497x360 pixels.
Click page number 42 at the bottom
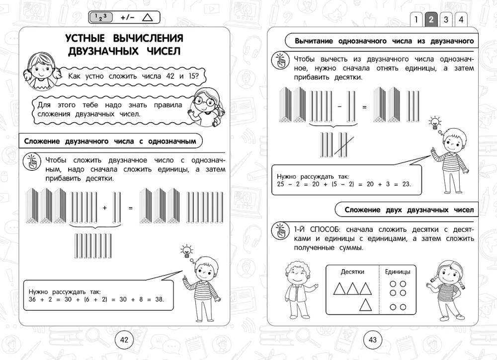pyautogui.click(x=124, y=340)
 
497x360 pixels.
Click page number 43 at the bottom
pyautogui.click(x=373, y=340)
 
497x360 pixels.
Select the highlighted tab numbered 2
pyautogui.click(x=431, y=20)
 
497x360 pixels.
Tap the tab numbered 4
pyautogui.click(x=461, y=20)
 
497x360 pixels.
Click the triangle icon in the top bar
pyautogui.click(x=148, y=18)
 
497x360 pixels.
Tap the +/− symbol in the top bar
pyautogui.click(x=127, y=18)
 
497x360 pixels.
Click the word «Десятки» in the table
pyautogui.click(x=352, y=272)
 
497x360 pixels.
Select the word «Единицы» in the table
pyautogui.click(x=398, y=272)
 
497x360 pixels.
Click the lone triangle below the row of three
pyautogui.click(x=366, y=304)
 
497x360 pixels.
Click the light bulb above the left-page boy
pyautogui.click(x=187, y=250)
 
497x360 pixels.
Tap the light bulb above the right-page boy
pyautogui.click(x=435, y=122)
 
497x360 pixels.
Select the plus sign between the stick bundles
pyautogui.click(x=105, y=208)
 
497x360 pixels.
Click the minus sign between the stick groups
pyautogui.click(x=339, y=107)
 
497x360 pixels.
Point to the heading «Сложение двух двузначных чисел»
pyautogui.click(x=409, y=210)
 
